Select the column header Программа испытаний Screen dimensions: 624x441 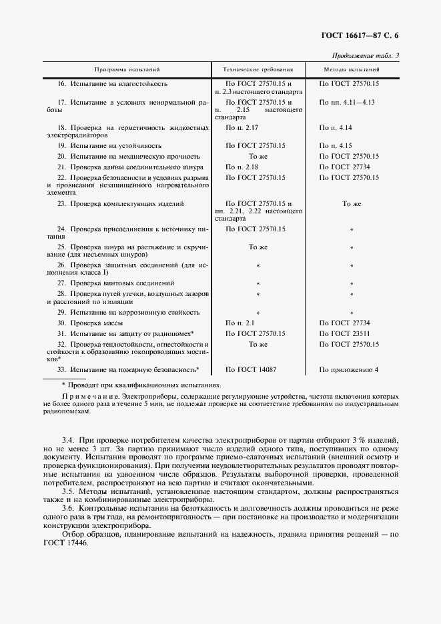click(x=127, y=69)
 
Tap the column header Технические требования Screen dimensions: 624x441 click(x=258, y=69)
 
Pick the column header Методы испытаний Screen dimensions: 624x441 click(x=352, y=69)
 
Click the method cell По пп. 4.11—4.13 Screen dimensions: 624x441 click(x=347, y=102)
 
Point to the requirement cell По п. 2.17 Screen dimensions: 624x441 click(x=242, y=127)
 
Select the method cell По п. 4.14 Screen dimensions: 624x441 click(x=336, y=127)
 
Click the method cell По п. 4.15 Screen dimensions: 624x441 click(x=336, y=145)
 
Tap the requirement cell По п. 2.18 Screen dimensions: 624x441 click(x=242, y=166)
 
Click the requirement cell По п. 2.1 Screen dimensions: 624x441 click(x=240, y=323)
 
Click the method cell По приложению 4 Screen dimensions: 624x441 click(x=348, y=369)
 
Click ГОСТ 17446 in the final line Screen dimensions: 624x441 click(x=64, y=543)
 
